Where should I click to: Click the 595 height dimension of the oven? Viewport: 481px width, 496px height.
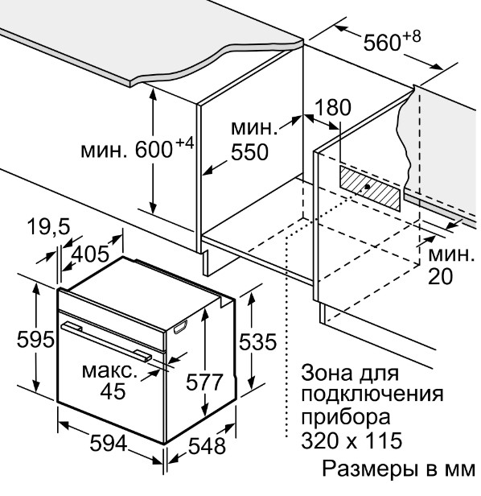pyautogui.click(x=35, y=340)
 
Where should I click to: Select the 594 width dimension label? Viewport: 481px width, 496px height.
pyautogui.click(x=109, y=443)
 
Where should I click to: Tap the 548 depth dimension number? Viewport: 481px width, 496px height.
pyautogui.click(x=207, y=446)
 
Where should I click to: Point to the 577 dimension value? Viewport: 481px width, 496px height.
pyautogui.click(x=204, y=382)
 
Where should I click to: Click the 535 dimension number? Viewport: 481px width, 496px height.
pyautogui.click(x=258, y=342)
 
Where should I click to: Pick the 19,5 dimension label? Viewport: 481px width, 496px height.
pyautogui.click(x=48, y=226)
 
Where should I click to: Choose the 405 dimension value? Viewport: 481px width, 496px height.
pyautogui.click(x=90, y=254)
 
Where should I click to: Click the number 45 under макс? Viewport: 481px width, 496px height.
pyautogui.click(x=113, y=391)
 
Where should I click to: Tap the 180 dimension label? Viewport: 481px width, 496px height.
pyautogui.click(x=332, y=107)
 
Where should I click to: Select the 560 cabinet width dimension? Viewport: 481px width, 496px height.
pyautogui.click(x=382, y=43)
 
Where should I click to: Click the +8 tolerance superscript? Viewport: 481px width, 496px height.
pyautogui.click(x=412, y=36)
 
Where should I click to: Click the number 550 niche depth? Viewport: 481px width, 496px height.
pyautogui.click(x=249, y=152)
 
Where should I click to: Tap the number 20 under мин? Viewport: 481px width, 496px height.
pyautogui.click(x=441, y=276)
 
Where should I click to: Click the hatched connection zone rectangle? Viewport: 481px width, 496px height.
pyautogui.click(x=370, y=188)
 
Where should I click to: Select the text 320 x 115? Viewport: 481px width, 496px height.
pyautogui.click(x=351, y=440)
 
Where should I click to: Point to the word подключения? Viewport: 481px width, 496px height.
pyautogui.click(x=372, y=395)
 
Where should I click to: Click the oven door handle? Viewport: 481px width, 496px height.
pyautogui.click(x=106, y=341)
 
